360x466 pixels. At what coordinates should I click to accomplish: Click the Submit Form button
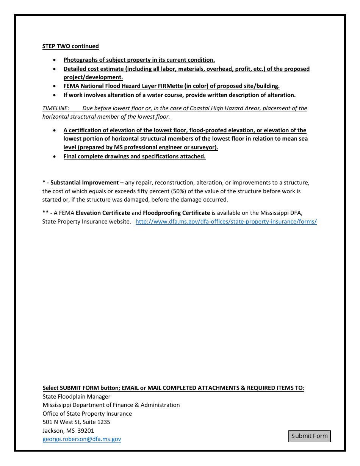(x=309, y=436)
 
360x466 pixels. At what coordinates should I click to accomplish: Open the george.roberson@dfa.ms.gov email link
(x=82, y=439)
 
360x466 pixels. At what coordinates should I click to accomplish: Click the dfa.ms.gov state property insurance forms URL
(x=226, y=222)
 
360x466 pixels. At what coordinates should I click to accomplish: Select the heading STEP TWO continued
(x=70, y=46)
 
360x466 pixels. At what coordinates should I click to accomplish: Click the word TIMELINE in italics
(x=56, y=108)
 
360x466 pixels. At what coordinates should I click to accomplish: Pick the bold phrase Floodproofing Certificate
(x=176, y=213)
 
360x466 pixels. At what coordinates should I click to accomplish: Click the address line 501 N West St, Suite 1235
(x=76, y=422)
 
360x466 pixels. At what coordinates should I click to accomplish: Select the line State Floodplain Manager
(x=76, y=397)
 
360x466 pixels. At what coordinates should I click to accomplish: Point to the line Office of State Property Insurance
(x=87, y=414)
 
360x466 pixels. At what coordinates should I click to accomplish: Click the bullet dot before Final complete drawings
(x=55, y=156)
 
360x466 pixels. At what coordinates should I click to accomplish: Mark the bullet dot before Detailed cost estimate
(x=55, y=69)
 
